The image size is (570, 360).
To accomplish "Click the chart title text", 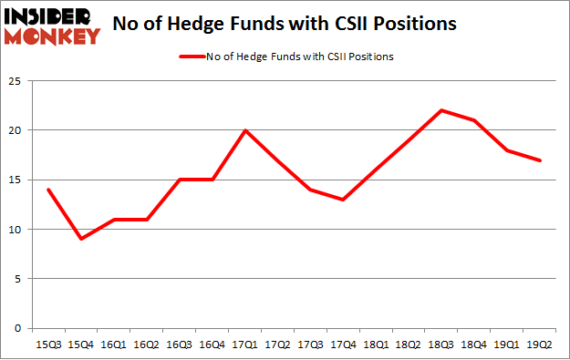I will click(x=285, y=24).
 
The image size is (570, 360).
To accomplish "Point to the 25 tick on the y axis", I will click(x=17, y=80).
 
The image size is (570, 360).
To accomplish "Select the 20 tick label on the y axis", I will click(x=17, y=130).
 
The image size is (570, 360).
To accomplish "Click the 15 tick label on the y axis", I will click(x=17, y=180).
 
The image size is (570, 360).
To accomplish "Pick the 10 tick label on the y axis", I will click(x=17, y=229).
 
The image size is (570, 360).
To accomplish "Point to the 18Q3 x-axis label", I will click(x=442, y=344).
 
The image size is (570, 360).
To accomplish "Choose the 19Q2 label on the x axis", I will click(x=541, y=344).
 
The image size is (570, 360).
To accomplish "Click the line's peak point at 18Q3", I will click(x=442, y=110).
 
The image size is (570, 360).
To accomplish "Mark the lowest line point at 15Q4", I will click(x=80, y=239).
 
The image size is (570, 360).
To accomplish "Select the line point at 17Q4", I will click(x=344, y=200).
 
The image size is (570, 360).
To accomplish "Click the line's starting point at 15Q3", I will click(x=47, y=190).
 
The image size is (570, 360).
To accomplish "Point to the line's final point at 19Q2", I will click(x=541, y=160).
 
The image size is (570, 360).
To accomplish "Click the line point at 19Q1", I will click(x=508, y=150).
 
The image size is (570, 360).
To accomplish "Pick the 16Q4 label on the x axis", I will click(x=212, y=344).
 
